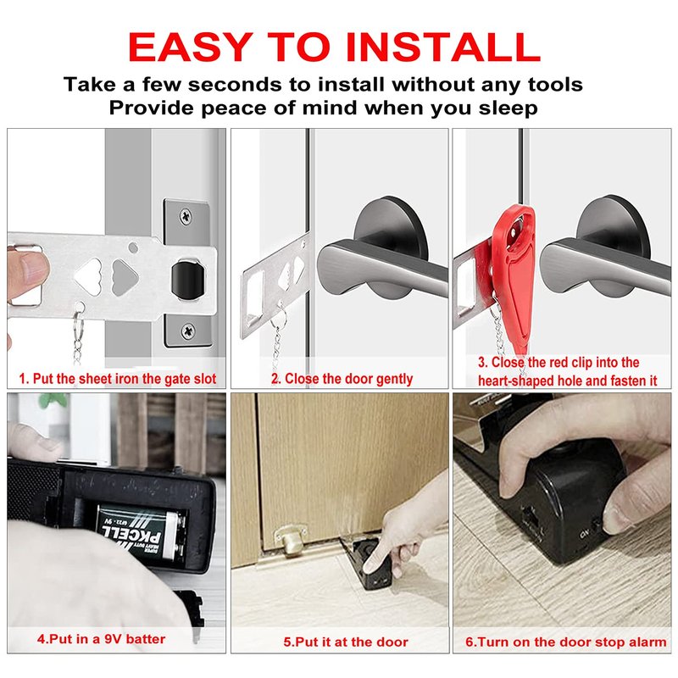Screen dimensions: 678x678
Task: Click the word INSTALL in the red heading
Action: [x=443, y=47]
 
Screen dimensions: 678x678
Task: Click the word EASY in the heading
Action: [x=190, y=47]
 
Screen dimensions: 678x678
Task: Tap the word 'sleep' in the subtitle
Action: [x=508, y=108]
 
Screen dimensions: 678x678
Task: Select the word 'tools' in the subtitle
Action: [x=555, y=84]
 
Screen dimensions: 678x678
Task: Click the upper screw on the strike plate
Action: [x=186, y=215]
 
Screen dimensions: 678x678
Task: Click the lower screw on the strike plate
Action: [x=187, y=331]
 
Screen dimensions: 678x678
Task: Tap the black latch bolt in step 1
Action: [x=188, y=279]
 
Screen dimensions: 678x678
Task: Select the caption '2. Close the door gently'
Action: [x=342, y=379]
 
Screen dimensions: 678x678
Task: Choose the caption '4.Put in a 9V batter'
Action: [x=101, y=639]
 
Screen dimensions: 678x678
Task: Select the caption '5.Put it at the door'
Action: [x=346, y=642]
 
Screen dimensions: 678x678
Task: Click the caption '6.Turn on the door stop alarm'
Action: [x=566, y=642]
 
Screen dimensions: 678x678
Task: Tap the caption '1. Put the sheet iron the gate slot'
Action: [x=118, y=379]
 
